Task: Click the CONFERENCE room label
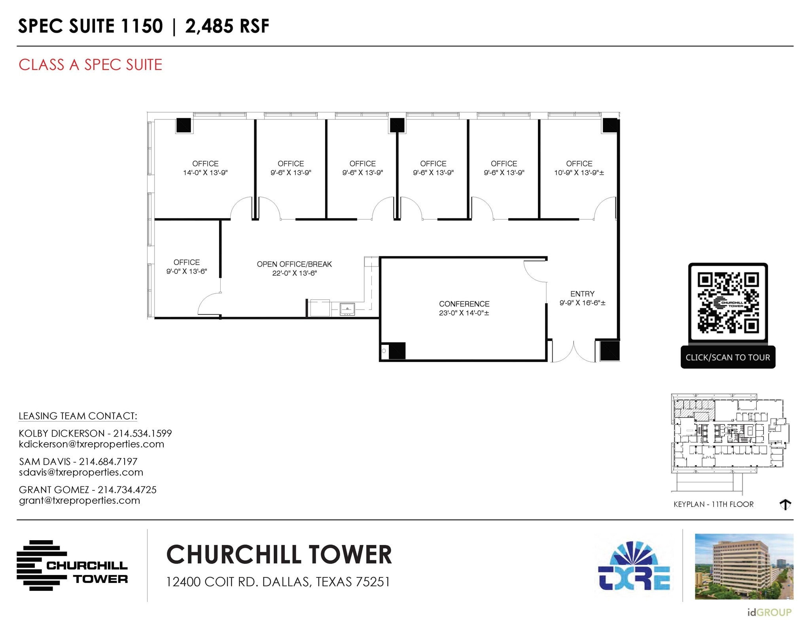(x=464, y=304)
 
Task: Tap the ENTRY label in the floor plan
(x=582, y=294)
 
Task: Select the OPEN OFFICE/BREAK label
(x=294, y=264)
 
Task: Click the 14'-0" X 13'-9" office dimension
(x=205, y=173)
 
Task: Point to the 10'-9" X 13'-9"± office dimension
(x=579, y=173)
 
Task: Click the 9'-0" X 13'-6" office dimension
(x=187, y=271)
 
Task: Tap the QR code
(x=728, y=303)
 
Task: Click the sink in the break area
(x=347, y=309)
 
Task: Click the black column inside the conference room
(x=397, y=350)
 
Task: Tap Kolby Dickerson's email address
(x=91, y=444)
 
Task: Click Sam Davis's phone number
(x=108, y=461)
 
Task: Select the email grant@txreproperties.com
(x=79, y=501)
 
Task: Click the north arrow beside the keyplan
(x=785, y=504)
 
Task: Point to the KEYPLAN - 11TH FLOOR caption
(x=713, y=504)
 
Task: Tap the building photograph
(x=744, y=566)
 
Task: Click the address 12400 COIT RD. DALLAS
(x=278, y=582)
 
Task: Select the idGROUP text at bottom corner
(x=769, y=613)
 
